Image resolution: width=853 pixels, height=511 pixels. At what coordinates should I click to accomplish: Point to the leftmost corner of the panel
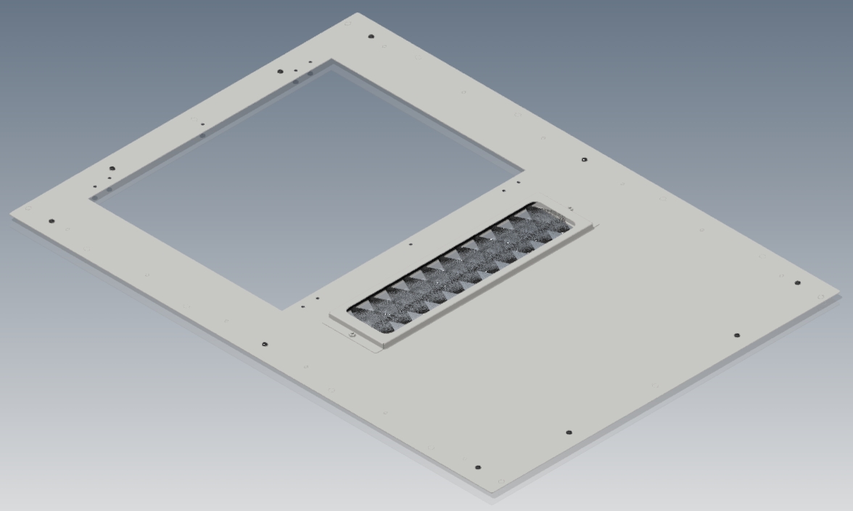tap(10, 214)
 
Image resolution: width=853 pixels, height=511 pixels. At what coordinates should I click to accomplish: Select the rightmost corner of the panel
tap(841, 294)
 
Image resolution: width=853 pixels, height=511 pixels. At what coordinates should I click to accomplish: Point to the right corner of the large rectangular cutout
tap(523, 173)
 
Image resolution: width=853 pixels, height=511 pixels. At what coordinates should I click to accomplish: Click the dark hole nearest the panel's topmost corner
tap(371, 36)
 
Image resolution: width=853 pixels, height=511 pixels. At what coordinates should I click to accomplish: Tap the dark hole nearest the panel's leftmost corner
tap(51, 221)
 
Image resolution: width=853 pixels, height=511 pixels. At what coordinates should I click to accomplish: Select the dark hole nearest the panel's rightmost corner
tap(798, 283)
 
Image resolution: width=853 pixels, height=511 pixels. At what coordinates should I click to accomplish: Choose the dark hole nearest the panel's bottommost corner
tap(477, 467)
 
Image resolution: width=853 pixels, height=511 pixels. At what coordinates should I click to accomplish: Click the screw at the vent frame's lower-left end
tap(352, 335)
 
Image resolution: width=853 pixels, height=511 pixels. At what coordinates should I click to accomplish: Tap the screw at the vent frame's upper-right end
tap(570, 209)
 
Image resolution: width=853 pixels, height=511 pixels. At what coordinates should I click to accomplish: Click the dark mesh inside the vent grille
tap(457, 269)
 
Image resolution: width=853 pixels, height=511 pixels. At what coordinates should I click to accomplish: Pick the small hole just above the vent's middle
tap(411, 245)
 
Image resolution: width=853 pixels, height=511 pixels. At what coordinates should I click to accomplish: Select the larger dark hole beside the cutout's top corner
tap(281, 71)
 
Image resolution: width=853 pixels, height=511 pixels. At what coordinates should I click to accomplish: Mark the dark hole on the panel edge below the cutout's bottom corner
tap(264, 343)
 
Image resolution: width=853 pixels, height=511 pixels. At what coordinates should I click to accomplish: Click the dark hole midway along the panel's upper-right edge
tap(585, 160)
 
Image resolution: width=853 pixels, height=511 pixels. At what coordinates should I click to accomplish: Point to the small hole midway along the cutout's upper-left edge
tap(202, 125)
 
